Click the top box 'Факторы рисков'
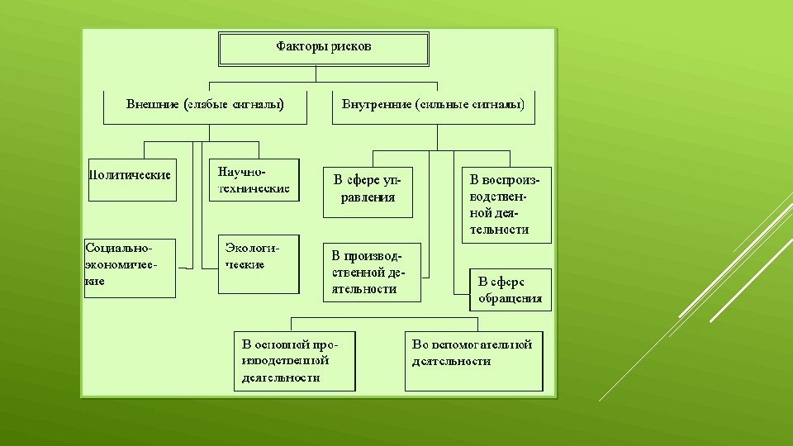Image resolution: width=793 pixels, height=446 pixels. tap(323, 49)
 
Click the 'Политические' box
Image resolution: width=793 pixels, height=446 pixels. tap(131, 179)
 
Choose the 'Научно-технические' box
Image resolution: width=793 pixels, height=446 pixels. tap(254, 180)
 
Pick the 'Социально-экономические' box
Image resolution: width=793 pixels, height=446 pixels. tap(131, 268)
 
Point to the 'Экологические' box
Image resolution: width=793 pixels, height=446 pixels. tap(258, 264)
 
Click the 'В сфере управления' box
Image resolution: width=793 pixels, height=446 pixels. tap(368, 193)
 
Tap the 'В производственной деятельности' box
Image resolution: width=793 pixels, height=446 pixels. tap(371, 272)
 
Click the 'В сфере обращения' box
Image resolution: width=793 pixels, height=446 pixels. tap(510, 289)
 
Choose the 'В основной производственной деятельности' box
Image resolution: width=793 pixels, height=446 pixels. tap(294, 361)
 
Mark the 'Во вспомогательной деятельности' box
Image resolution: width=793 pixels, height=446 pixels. tap(473, 361)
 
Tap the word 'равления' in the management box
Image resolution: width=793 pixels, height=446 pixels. tap(368, 198)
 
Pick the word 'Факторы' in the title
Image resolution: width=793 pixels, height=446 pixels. tap(302, 47)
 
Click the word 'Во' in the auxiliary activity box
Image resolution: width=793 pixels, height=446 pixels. tap(420, 344)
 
